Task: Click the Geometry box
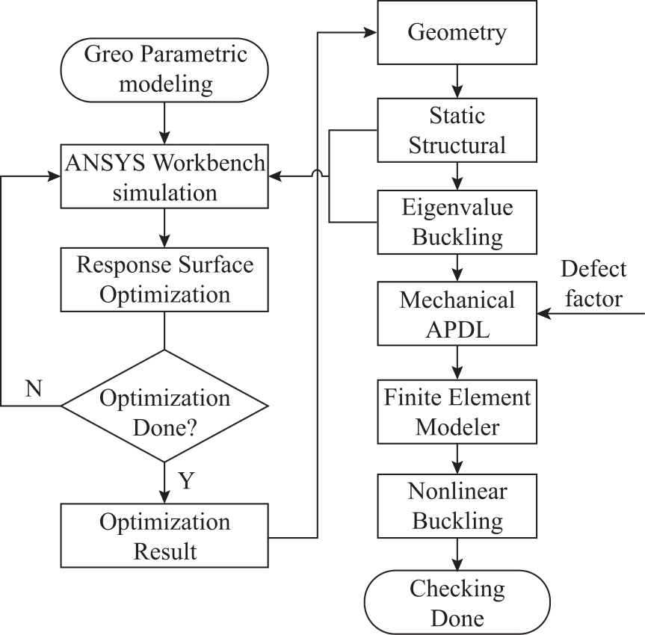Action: pos(457,32)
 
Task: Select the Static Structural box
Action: pos(457,130)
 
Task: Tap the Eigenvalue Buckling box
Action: pos(457,222)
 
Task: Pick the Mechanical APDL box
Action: pos(457,313)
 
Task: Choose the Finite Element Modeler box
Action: pos(457,412)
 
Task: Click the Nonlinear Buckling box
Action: pos(457,506)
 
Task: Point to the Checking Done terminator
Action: pos(457,602)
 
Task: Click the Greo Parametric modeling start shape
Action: pos(164,70)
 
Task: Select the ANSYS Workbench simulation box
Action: pos(164,176)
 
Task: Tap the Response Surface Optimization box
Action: pos(164,279)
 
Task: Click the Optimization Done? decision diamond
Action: pos(164,406)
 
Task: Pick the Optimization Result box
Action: pos(164,536)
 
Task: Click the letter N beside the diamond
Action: pos(34,388)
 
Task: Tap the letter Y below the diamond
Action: pos(186,480)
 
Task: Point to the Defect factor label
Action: pos(593,284)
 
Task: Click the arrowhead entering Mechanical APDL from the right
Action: pos(544,313)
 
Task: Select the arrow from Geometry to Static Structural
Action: pos(457,81)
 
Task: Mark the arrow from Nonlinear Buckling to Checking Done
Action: pos(457,554)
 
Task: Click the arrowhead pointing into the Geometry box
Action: pos(370,32)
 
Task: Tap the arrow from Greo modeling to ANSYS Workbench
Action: pos(164,123)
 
